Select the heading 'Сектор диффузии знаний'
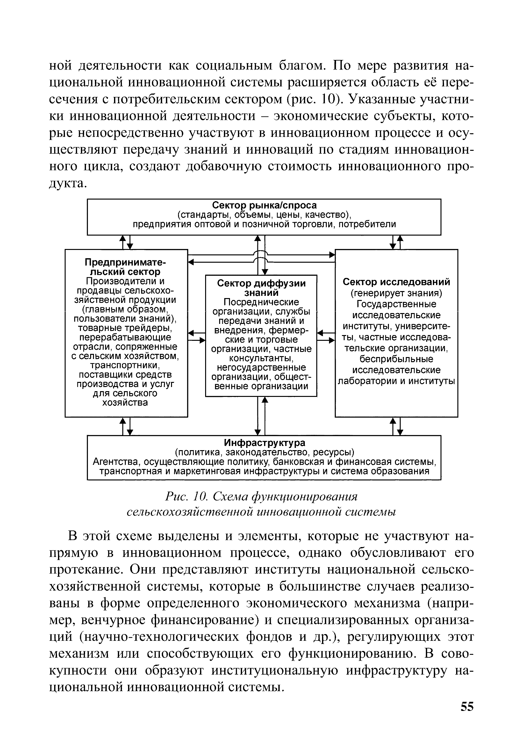(x=261, y=288)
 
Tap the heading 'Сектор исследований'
(x=396, y=282)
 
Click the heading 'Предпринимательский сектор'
(x=125, y=267)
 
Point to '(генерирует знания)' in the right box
(x=396, y=293)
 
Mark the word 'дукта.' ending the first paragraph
(x=68, y=184)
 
